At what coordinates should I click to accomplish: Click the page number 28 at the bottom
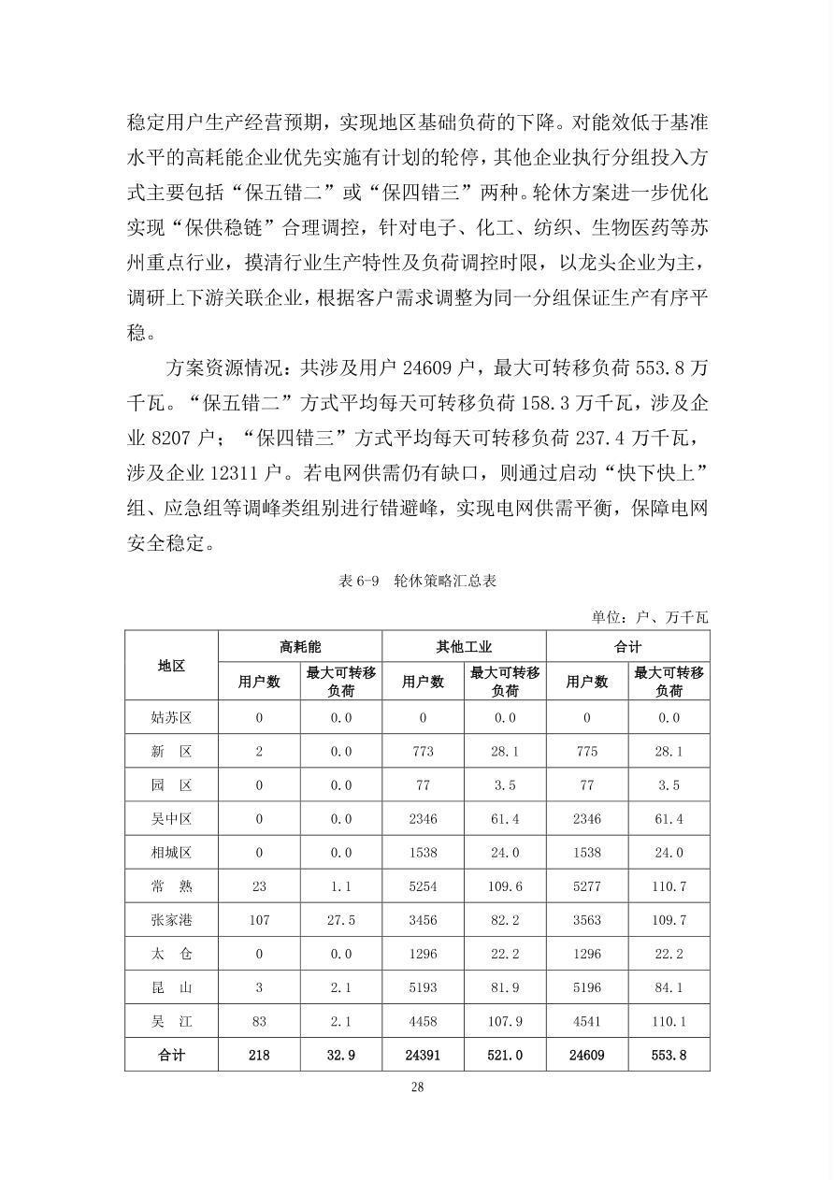pyautogui.click(x=417, y=1086)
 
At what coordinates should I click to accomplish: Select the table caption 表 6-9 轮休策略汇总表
pyautogui.click(x=417, y=581)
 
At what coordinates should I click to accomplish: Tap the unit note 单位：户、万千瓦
pyautogui.click(x=650, y=617)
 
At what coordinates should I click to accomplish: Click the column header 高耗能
pyautogui.click(x=300, y=646)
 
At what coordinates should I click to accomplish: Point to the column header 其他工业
pyautogui.click(x=464, y=646)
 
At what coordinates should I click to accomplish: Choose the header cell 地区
pyautogui.click(x=171, y=665)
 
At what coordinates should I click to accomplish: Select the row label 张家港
pyautogui.click(x=171, y=920)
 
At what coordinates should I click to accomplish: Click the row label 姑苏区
pyautogui.click(x=171, y=718)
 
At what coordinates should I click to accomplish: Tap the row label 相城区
pyautogui.click(x=171, y=853)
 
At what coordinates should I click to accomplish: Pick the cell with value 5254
pyautogui.click(x=423, y=886)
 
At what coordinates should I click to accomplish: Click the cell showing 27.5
pyautogui.click(x=340, y=920)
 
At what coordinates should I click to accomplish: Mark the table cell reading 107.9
pyautogui.click(x=505, y=1021)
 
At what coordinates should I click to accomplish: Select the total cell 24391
pyautogui.click(x=423, y=1055)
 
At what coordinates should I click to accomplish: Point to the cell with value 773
pyautogui.click(x=423, y=752)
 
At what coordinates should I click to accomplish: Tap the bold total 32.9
pyautogui.click(x=340, y=1055)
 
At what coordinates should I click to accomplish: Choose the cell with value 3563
pyautogui.click(x=586, y=920)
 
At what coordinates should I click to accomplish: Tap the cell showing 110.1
pyautogui.click(x=669, y=1021)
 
